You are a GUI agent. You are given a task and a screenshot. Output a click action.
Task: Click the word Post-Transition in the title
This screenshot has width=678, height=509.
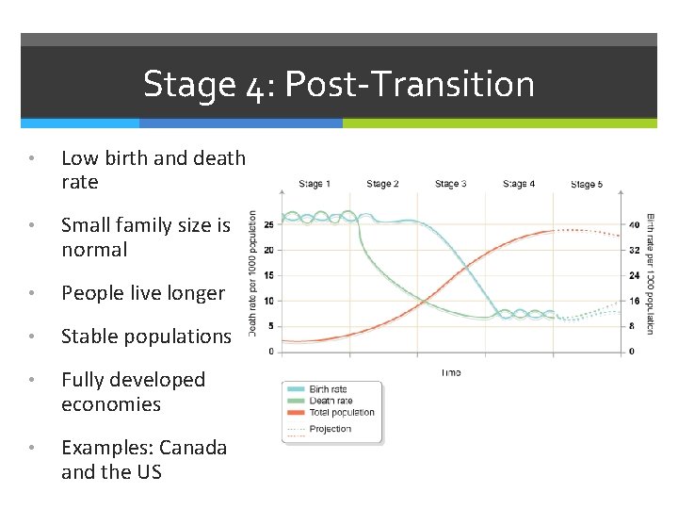pos(409,85)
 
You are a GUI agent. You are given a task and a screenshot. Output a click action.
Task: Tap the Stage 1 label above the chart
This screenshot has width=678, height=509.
pos(315,184)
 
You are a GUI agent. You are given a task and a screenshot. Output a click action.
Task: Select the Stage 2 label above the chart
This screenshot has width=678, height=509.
pos(382,184)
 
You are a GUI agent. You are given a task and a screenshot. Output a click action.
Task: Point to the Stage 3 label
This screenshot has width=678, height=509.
pos(450,184)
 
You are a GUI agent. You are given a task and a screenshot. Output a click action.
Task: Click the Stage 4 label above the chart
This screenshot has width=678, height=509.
pos(519,184)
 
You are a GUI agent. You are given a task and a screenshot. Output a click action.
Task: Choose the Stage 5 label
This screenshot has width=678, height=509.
pos(587,185)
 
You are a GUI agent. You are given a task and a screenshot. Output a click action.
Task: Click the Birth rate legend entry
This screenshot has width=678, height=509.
pos(328,388)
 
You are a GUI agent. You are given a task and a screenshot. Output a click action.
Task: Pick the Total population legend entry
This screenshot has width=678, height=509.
pos(341,412)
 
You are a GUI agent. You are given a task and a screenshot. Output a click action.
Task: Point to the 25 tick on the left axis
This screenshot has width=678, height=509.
pos(269,224)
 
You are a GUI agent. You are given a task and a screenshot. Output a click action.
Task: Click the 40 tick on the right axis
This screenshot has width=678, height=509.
pos(635,224)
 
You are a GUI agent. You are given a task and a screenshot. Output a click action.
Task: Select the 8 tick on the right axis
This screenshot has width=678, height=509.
pos(633,326)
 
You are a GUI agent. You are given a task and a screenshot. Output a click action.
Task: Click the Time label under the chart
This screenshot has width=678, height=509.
pos(450,372)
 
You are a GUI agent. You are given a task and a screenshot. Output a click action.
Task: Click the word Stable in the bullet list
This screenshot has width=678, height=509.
pos(86,337)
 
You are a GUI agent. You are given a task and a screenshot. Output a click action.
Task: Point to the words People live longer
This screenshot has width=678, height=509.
pos(143,293)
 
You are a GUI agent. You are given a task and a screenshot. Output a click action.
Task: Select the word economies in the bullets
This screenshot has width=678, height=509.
pos(111,404)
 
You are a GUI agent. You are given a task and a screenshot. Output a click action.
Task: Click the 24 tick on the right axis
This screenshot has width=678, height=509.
pos(635,275)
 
